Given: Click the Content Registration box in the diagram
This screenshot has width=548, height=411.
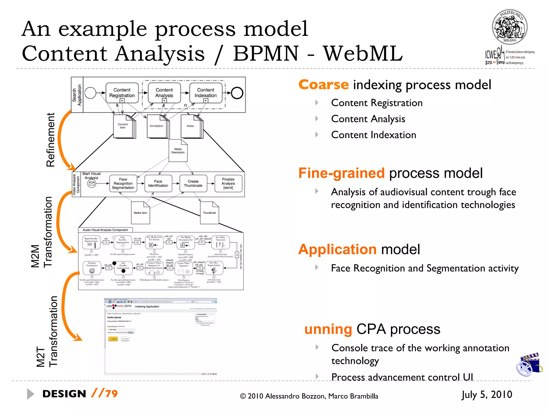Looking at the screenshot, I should click(x=122, y=93).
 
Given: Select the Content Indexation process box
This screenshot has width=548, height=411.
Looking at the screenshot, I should click(x=205, y=93).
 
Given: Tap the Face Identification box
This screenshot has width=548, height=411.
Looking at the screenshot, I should click(x=158, y=184).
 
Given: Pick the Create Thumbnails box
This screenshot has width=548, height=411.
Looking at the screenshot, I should click(x=193, y=184).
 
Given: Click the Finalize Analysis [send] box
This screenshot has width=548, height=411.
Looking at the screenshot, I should click(x=228, y=184).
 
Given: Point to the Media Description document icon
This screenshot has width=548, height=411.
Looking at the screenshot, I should click(x=178, y=151).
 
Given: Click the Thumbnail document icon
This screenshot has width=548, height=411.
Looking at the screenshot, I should click(x=209, y=213).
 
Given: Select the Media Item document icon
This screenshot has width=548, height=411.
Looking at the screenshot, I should click(x=140, y=213).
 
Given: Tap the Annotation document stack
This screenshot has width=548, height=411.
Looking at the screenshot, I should click(x=157, y=126).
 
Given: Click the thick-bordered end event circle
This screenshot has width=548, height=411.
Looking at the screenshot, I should click(x=237, y=93).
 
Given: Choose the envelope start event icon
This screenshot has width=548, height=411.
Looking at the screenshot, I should click(x=92, y=184).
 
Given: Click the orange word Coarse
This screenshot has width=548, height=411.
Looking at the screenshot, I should click(x=324, y=85).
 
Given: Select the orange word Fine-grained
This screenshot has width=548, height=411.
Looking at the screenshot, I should click(x=341, y=173).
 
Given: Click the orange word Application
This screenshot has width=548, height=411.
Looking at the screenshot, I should click(x=337, y=249).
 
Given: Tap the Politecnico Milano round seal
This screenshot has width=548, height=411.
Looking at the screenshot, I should click(x=509, y=27).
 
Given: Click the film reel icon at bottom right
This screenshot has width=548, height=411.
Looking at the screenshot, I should click(x=528, y=364).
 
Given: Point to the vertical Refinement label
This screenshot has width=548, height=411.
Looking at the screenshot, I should click(x=50, y=140).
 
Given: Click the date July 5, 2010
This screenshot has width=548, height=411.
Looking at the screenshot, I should click(x=487, y=395).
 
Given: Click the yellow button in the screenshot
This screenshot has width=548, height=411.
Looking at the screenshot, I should click(x=113, y=339).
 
